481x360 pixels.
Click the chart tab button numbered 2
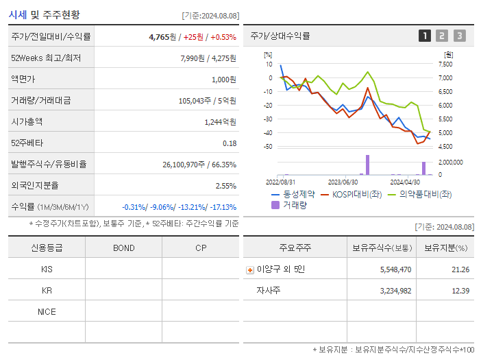442,36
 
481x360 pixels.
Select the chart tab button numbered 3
459,36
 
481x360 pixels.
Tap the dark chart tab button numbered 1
425,36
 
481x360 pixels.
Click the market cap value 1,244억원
220,121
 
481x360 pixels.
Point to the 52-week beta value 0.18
230,143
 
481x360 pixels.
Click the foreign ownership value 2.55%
225,185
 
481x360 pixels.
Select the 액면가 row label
27,79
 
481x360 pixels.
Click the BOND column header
123,248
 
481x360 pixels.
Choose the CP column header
201,248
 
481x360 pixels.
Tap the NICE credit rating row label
47,311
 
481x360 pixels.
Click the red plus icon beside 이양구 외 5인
249,269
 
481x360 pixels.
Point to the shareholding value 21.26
460,269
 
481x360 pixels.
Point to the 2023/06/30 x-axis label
343,182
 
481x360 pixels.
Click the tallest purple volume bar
367,165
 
